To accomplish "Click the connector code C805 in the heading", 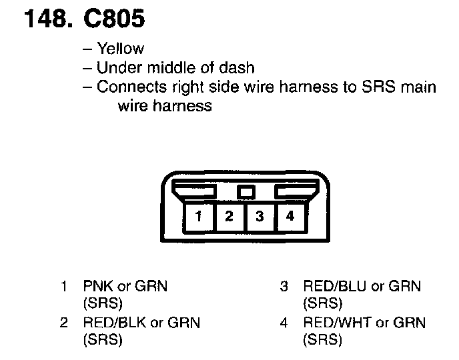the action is click(114, 21).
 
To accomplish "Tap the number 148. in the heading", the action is click(47, 21).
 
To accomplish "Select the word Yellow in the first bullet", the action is click(120, 49).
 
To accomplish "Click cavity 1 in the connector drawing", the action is click(199, 217).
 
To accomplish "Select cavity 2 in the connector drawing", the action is click(229, 217).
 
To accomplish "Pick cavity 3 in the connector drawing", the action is click(260, 217).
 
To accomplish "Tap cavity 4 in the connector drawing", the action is click(290, 217).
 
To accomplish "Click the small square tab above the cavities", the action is click(246, 192).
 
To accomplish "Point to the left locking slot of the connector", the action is click(193, 192).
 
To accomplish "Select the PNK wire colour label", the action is click(97, 287).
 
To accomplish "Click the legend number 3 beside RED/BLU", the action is click(284, 287).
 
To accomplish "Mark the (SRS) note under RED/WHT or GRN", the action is click(322, 340).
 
